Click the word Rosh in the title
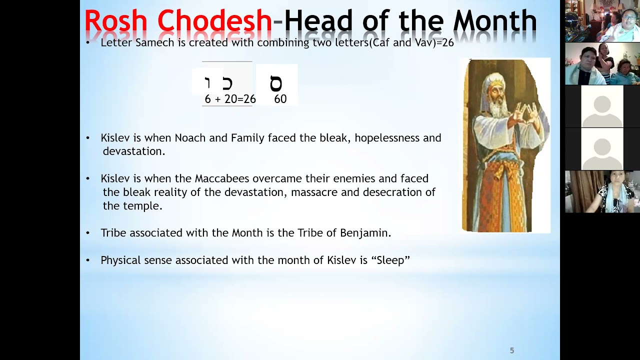click(115, 22)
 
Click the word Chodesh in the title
click(214, 22)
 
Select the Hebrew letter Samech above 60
click(276, 83)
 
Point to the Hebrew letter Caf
click(227, 83)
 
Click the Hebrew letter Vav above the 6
click(208, 83)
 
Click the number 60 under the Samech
click(280, 99)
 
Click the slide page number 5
click(511, 350)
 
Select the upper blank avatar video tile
click(602, 106)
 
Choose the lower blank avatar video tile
click(602, 149)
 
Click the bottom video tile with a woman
click(602, 192)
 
